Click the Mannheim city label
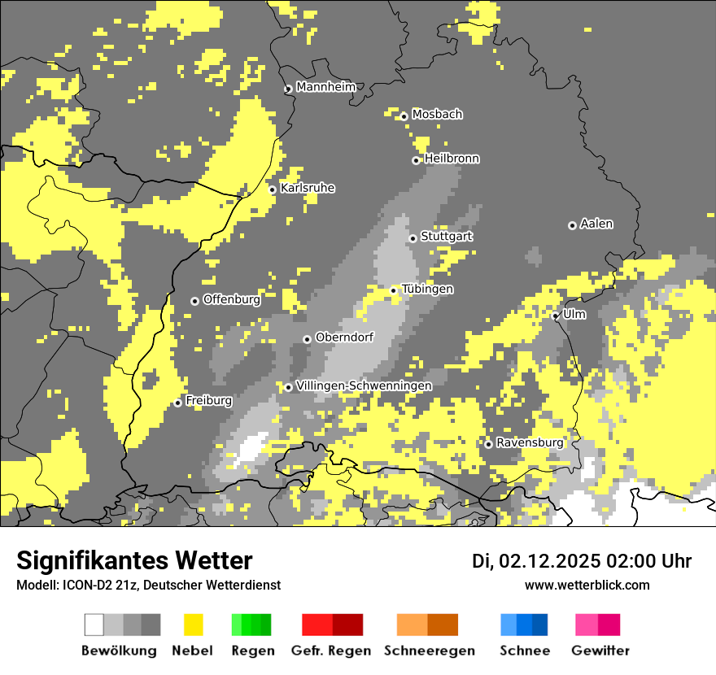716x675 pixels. coord(326,87)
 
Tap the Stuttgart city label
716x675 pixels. coord(447,237)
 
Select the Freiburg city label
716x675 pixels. coord(208,401)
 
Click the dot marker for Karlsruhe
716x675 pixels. coord(273,190)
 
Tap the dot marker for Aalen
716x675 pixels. coord(572,225)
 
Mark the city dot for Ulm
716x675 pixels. coord(556,316)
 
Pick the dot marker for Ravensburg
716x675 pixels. coord(488,444)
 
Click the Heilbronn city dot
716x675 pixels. coord(416,160)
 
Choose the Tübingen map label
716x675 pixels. coord(427,290)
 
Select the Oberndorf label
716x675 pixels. coord(344,337)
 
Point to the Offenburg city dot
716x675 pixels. coord(194,301)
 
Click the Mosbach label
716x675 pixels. coord(437,115)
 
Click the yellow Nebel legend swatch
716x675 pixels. coord(194,625)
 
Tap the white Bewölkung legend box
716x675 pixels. coord(94,625)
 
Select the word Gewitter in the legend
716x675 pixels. coord(600,651)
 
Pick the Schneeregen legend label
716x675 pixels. coord(429,651)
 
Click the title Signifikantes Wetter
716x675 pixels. coord(134,560)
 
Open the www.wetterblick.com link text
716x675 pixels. coord(587,585)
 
